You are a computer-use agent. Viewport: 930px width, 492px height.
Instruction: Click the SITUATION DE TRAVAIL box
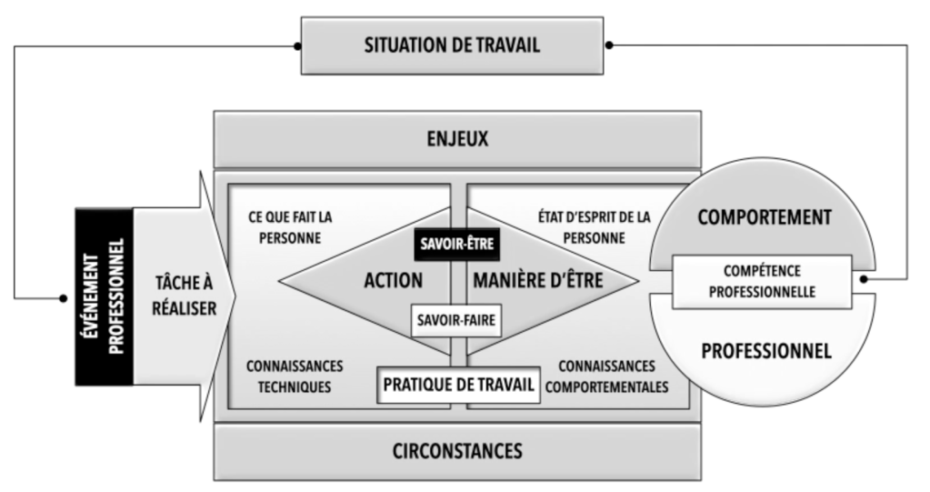click(451, 45)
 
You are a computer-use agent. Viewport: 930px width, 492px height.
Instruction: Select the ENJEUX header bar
click(456, 140)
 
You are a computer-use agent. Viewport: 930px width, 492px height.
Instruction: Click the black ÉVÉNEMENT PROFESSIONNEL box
click(103, 296)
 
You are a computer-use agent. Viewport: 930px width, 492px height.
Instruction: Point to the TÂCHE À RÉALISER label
click(181, 296)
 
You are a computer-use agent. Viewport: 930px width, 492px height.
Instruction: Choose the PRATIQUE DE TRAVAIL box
click(455, 385)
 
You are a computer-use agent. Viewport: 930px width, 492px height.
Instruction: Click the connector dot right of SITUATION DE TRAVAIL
click(606, 45)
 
